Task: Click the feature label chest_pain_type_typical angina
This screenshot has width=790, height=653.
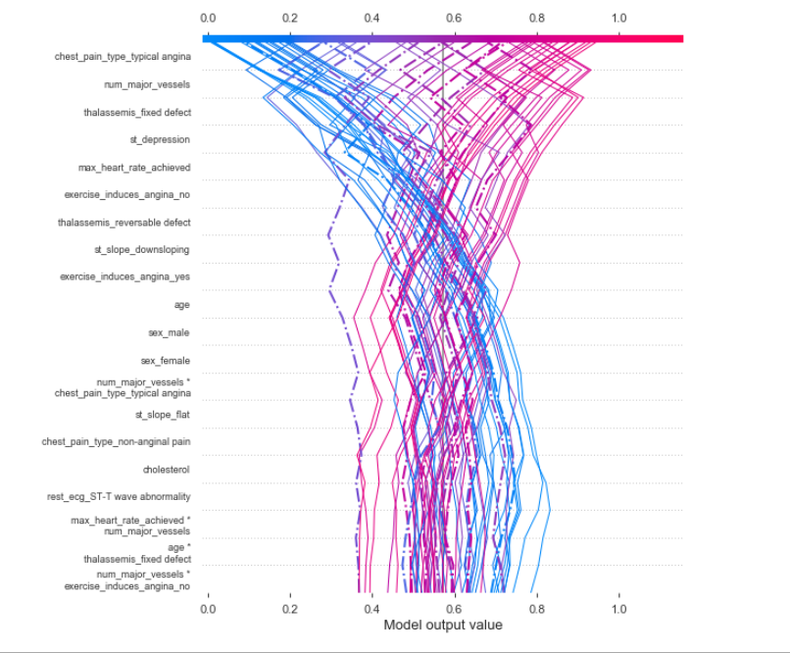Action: pyautogui.click(x=123, y=57)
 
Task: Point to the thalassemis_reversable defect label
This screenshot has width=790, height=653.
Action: pyautogui.click(x=123, y=223)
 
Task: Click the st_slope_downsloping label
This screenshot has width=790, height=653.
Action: pyautogui.click(x=141, y=250)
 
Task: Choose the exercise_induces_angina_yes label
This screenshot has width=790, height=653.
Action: pyautogui.click(x=124, y=277)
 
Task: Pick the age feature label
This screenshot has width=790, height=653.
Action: pyautogui.click(x=181, y=305)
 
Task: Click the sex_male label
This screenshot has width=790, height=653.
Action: pyautogui.click(x=169, y=332)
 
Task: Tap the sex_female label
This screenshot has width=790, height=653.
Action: pyautogui.click(x=166, y=360)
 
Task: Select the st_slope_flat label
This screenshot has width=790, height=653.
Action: pyautogui.click(x=163, y=415)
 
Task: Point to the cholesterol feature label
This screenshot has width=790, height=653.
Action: pyautogui.click(x=166, y=470)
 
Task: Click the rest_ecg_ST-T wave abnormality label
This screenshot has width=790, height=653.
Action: pyautogui.click(x=119, y=497)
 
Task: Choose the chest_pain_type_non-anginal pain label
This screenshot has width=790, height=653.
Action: pyautogui.click(x=116, y=442)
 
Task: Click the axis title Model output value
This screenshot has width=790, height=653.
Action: pyautogui.click(x=443, y=625)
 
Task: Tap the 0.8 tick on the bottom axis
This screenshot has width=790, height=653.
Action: pyautogui.click(x=536, y=608)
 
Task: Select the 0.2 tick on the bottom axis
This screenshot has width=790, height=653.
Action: pyautogui.click(x=289, y=608)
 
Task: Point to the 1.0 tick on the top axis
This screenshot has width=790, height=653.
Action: pyautogui.click(x=618, y=18)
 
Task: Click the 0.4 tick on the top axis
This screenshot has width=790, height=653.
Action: pyautogui.click(x=371, y=18)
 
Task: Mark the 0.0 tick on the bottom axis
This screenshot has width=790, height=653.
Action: pyautogui.click(x=207, y=608)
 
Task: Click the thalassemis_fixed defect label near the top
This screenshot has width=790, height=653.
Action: pyautogui.click(x=137, y=113)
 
